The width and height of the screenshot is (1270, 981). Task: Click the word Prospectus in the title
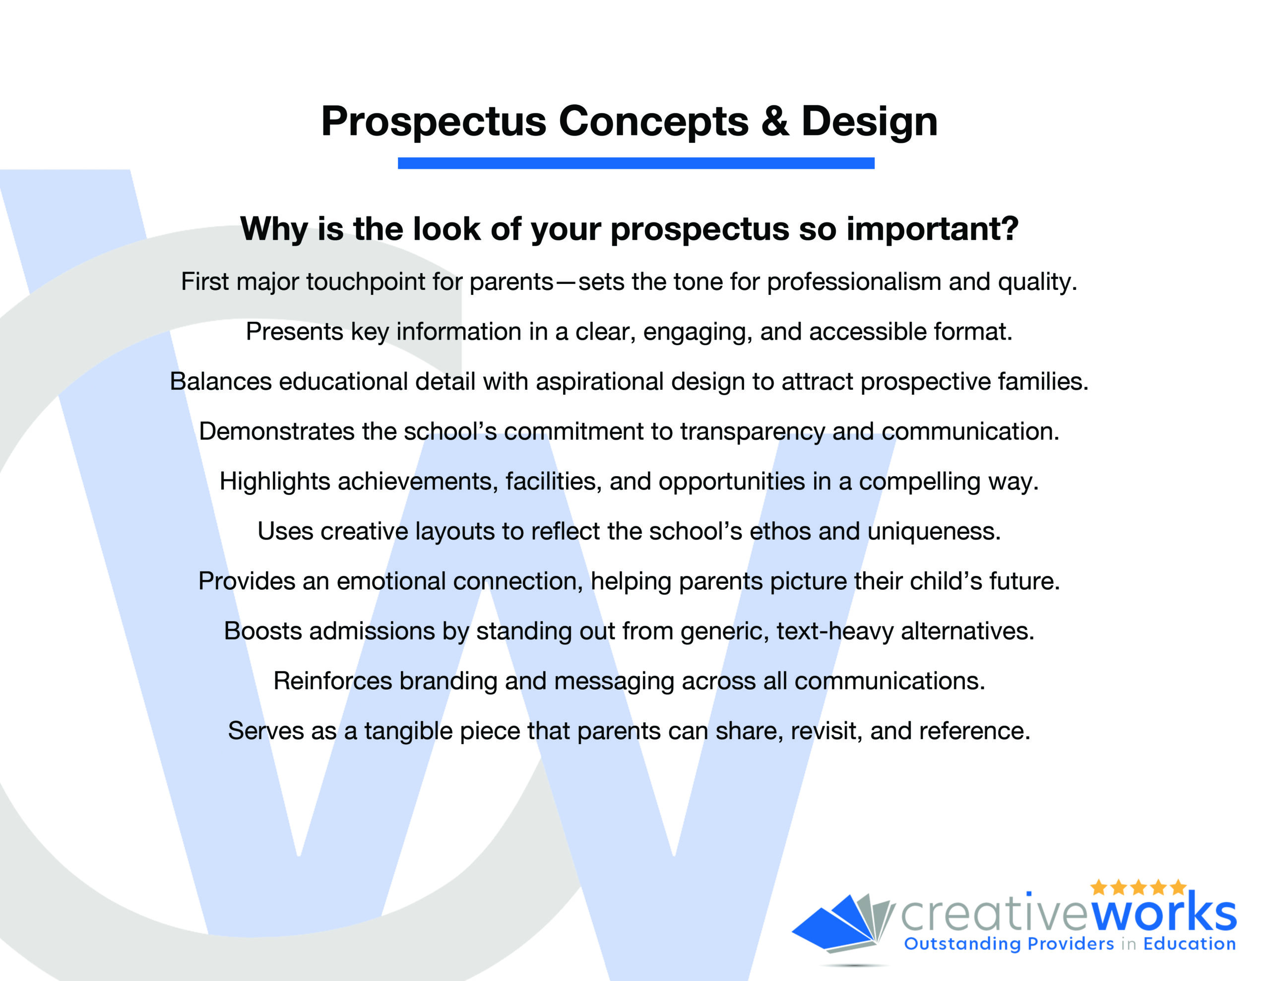tap(434, 123)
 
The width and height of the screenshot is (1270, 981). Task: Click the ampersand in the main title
tap(775, 121)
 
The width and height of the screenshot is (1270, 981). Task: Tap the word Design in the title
tap(869, 123)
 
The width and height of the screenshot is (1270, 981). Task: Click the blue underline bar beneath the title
tap(635, 163)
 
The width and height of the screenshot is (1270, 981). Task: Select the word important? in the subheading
tap(932, 229)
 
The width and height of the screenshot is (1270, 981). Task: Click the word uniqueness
tap(934, 532)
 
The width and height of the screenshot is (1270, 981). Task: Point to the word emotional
tap(391, 581)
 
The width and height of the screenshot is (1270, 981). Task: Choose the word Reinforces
tap(332, 681)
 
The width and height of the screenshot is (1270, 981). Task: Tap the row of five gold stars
tap(1138, 887)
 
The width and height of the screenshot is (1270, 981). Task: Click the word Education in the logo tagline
tap(1190, 944)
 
